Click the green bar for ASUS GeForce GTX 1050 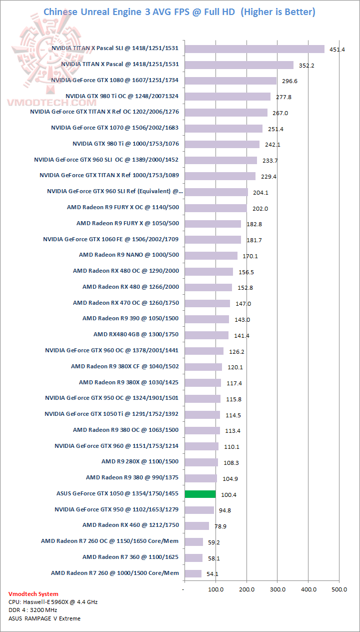click(x=200, y=494)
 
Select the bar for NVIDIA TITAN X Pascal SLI click(x=254, y=49)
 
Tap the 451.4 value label click(x=336, y=50)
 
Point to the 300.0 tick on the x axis click(x=277, y=589)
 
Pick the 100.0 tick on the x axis click(x=215, y=589)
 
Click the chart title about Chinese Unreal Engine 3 click(x=179, y=12)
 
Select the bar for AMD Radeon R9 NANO click(x=211, y=255)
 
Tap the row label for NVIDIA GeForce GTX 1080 click(x=115, y=80)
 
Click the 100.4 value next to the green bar click(x=229, y=495)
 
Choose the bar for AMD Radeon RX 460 click(x=196, y=525)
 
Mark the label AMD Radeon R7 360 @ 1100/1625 click(x=130, y=557)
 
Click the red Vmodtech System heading click(x=33, y=594)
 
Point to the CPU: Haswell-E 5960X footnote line click(x=53, y=602)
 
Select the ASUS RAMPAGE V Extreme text click(x=44, y=618)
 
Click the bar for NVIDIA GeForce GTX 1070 click(x=223, y=128)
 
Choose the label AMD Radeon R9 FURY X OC click(x=123, y=207)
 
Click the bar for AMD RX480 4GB click(x=206, y=335)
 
